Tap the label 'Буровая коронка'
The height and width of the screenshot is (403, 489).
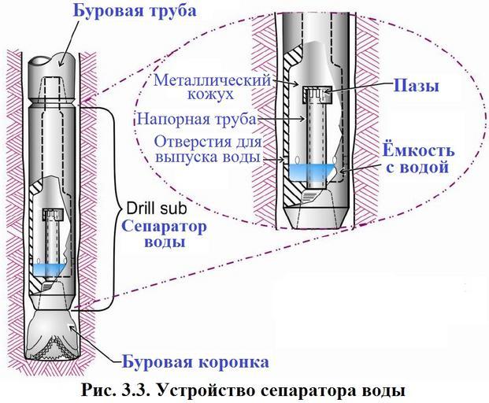(x=195, y=362)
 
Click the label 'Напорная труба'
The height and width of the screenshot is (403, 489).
(x=196, y=120)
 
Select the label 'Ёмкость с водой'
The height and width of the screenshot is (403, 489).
(x=415, y=157)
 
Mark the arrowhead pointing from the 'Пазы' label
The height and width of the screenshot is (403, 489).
(x=326, y=94)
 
